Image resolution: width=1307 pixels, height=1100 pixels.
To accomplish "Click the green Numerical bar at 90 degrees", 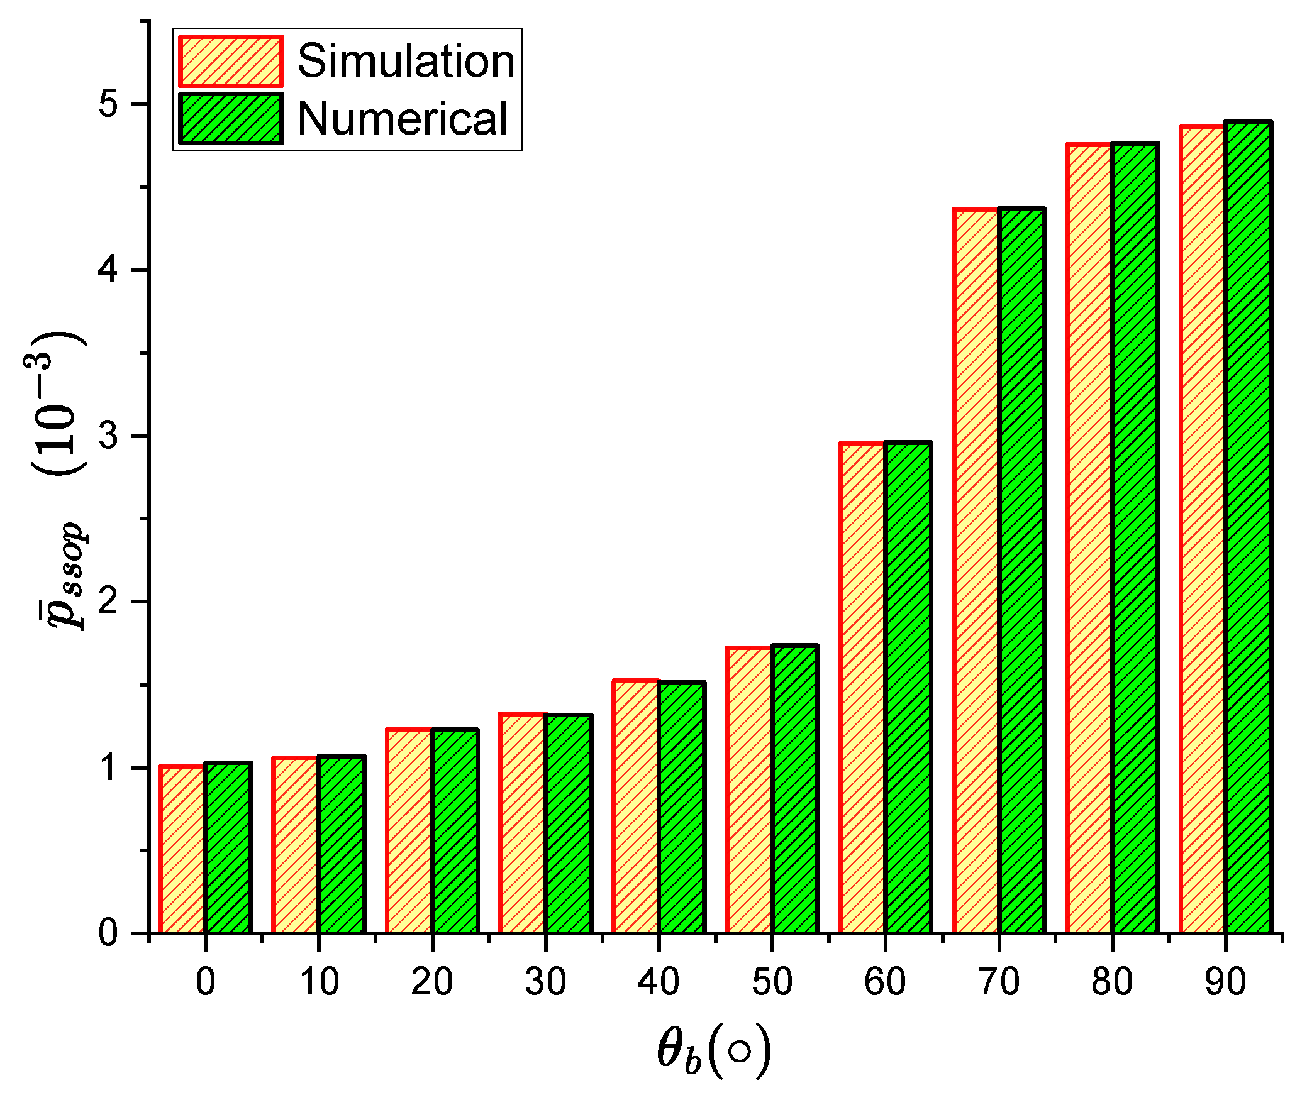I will click(1248, 528).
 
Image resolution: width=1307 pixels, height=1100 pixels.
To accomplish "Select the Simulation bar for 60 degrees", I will click(862, 688).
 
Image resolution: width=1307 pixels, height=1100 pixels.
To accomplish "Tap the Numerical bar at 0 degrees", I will click(228, 849).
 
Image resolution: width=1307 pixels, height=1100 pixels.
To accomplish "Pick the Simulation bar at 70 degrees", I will click(976, 572).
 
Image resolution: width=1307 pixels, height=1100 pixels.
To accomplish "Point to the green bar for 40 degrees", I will click(681, 808).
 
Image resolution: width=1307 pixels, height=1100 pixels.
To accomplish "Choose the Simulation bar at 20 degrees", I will click(409, 831).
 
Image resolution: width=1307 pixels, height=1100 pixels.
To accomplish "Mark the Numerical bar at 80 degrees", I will click(1135, 539).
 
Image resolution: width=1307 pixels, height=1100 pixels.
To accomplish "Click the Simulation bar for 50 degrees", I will click(748, 790).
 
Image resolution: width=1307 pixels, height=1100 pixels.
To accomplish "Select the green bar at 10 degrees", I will click(341, 845).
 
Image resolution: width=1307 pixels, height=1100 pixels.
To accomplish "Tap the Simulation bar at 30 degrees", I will click(522, 823).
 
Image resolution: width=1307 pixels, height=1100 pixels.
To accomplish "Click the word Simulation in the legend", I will click(406, 61).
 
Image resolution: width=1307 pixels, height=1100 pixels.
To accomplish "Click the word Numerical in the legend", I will click(402, 119).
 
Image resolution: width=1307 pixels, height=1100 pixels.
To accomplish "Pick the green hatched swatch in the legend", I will click(231, 119).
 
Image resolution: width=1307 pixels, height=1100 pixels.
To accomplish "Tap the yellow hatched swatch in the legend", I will click(231, 61).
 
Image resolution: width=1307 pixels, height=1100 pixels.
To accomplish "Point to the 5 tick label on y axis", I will click(108, 104).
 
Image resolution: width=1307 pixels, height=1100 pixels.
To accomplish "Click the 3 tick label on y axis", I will click(108, 436).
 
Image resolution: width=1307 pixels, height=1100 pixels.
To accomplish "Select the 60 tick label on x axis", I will click(885, 981).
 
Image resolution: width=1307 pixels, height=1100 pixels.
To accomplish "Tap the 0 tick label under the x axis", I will click(206, 981).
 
